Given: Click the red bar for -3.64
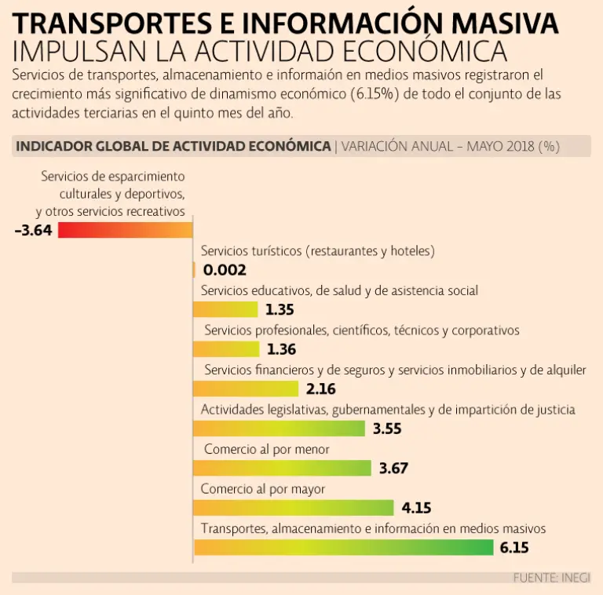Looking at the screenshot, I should click(125, 230).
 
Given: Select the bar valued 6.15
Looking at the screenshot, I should click(343, 547).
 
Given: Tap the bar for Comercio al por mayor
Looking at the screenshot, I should click(293, 508).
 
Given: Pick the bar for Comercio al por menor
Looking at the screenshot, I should click(282, 469).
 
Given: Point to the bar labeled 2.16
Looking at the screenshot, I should click(246, 389).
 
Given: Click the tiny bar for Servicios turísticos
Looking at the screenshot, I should click(194, 270).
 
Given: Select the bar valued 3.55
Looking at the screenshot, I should click(279, 429).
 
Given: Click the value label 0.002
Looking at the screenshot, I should click(225, 270).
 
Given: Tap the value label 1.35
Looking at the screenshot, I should click(280, 309).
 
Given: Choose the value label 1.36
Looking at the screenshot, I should click(281, 349).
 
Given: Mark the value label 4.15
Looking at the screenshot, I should click(416, 508).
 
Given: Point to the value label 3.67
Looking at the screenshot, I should click(393, 469).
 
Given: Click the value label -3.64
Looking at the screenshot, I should click(33, 231).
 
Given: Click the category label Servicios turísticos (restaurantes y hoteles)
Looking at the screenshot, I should click(318, 251).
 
